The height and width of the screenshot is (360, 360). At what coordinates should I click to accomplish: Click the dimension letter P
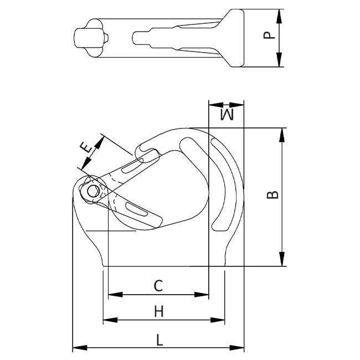(x=269, y=35)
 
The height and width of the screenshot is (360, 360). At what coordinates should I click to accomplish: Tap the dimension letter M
(x=227, y=115)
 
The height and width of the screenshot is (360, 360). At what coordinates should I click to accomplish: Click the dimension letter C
(x=158, y=286)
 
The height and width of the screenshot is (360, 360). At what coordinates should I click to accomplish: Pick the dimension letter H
(x=159, y=312)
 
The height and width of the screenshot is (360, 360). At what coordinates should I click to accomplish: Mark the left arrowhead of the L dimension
(x=76, y=348)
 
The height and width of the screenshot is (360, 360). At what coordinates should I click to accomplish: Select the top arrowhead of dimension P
(x=280, y=13)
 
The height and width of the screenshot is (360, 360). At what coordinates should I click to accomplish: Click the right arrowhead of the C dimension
(x=205, y=295)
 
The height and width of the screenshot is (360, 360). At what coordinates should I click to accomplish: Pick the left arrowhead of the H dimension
(x=107, y=320)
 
